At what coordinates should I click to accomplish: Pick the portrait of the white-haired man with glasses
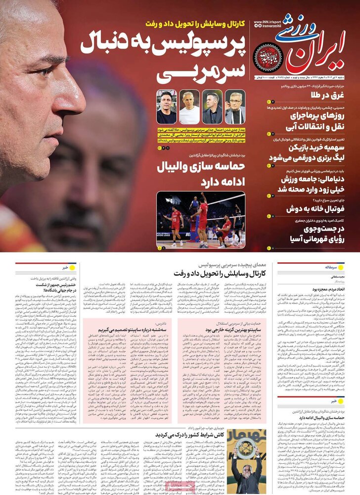235,107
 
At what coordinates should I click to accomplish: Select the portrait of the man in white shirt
189,107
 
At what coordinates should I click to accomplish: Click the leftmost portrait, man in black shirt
167,107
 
